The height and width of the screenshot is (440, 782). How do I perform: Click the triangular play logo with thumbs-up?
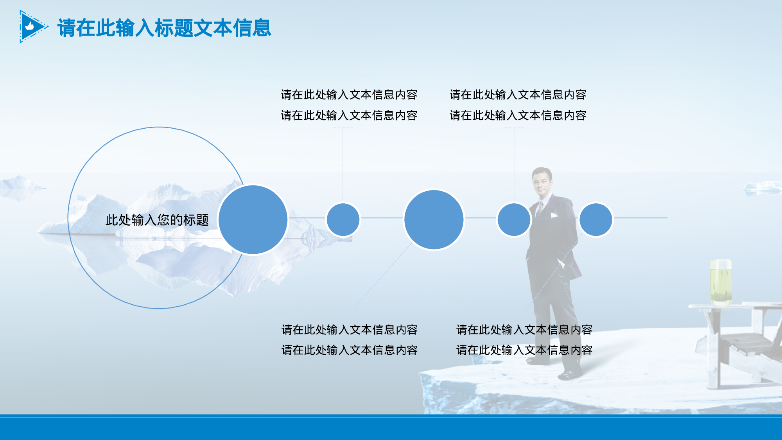32,27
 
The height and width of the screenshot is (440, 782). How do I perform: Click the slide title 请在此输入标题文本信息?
164,28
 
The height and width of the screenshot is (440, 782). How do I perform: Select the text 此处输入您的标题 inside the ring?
157,220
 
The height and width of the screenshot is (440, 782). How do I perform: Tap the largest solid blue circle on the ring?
253,219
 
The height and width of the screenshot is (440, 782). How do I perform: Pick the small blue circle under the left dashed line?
343,219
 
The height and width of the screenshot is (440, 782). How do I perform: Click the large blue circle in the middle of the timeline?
434,219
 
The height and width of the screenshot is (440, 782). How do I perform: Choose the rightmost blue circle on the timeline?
595,219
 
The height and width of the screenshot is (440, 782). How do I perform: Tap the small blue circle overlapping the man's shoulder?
514,219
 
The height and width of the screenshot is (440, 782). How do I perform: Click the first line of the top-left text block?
349,95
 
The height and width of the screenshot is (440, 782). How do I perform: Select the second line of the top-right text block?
518,115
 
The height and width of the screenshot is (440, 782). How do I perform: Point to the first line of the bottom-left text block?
349,330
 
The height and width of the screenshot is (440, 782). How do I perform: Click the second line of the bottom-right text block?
524,350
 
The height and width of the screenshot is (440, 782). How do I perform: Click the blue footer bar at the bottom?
391,428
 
